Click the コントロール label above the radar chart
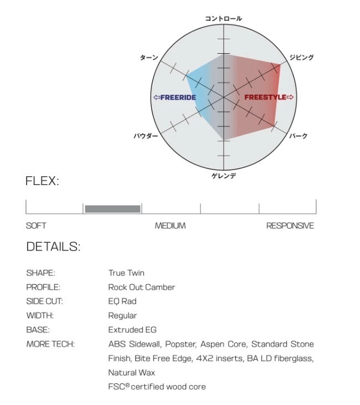[223, 19]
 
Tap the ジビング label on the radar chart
[301, 57]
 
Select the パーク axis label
[299, 136]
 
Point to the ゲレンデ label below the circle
[224, 176]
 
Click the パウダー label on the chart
[146, 136]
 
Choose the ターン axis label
[149, 57]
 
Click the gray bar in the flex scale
[112, 209]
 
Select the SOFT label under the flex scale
[36, 225]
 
